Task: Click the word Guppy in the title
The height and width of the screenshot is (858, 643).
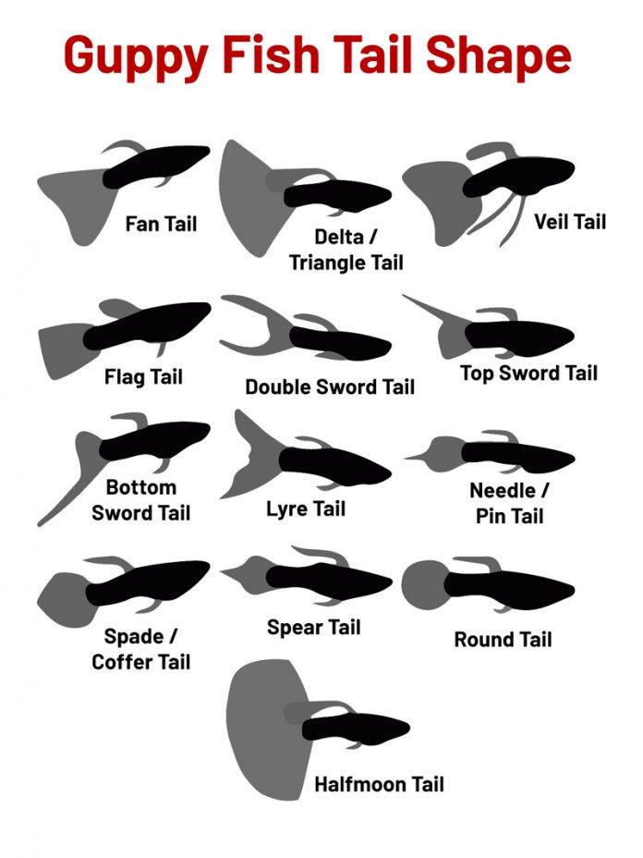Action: click(x=136, y=55)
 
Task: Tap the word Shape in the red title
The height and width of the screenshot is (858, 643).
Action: click(x=498, y=55)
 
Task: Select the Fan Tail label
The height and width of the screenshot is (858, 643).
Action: click(x=161, y=224)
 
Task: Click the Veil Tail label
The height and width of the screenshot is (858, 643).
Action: click(x=570, y=222)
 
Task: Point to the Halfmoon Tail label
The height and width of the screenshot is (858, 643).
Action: click(x=379, y=784)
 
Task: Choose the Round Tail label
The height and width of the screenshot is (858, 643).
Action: click(x=503, y=639)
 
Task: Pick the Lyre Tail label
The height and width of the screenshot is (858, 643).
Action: click(x=306, y=509)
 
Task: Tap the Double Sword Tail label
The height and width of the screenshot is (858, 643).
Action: click(x=330, y=386)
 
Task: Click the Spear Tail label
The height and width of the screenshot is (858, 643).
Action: click(x=313, y=627)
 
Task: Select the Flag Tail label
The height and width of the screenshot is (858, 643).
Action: click(x=143, y=377)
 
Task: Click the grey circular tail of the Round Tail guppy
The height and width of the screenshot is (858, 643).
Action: click(x=424, y=585)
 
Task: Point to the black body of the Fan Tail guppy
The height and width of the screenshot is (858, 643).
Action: click(x=156, y=165)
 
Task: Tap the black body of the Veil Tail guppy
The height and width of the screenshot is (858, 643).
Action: click(x=516, y=177)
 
